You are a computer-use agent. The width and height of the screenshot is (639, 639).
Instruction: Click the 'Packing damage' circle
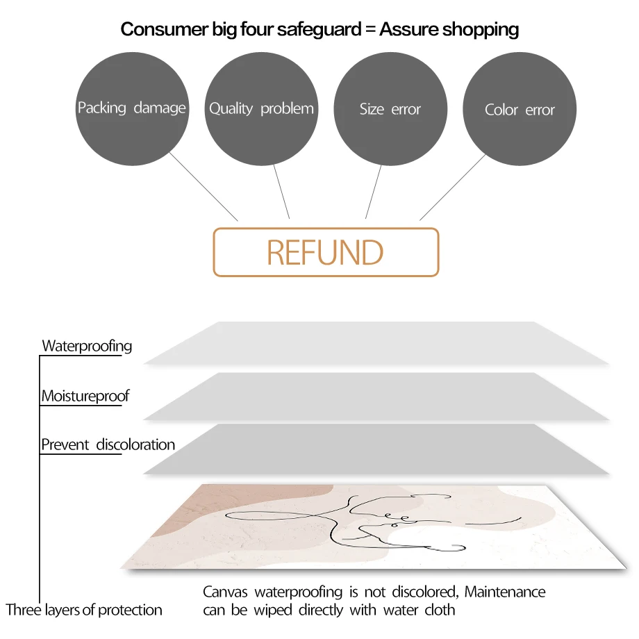coord(131,109)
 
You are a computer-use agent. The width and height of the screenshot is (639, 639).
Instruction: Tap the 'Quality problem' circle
coord(261,109)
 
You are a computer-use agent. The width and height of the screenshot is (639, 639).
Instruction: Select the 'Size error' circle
coord(390,109)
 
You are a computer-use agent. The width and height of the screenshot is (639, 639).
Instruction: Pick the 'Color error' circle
coord(520,110)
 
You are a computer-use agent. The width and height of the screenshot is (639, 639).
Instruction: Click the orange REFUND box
coord(326,252)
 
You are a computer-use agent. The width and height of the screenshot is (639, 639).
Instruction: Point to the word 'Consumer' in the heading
coord(160,29)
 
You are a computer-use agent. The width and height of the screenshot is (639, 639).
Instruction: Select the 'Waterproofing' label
coord(87,346)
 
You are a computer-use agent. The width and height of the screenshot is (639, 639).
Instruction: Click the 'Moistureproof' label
coord(85,397)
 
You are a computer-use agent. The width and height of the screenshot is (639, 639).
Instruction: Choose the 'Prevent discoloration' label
coord(108,445)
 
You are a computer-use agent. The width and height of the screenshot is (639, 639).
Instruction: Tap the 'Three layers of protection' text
coord(84,611)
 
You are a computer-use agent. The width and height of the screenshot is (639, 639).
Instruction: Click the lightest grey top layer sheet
coord(375,343)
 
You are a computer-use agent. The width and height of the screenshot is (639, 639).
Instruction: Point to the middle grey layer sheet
coord(375,396)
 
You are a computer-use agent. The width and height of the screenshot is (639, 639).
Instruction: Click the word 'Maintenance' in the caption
coord(505,592)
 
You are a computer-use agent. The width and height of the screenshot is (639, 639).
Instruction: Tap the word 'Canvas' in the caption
coord(226,592)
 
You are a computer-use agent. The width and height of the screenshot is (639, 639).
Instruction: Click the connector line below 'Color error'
coord(453,187)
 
